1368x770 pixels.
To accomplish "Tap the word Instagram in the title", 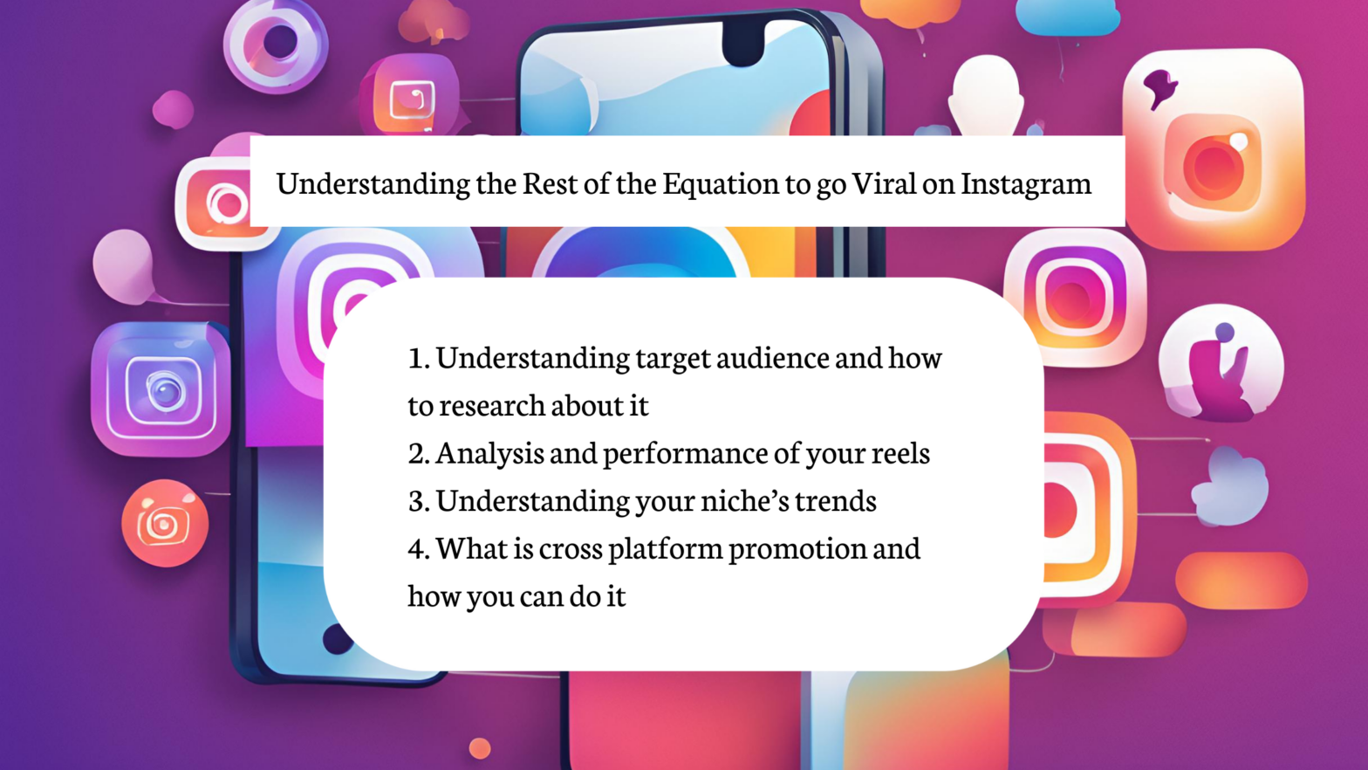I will tap(1026, 183).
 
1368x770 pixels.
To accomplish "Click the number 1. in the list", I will tap(419, 358).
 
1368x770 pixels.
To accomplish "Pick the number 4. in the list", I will tap(419, 548).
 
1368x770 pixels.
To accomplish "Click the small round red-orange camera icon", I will tap(165, 523).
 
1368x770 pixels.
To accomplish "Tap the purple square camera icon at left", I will tap(161, 389).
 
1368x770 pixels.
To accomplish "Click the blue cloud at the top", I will tap(1068, 17).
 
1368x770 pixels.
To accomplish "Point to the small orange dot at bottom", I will tap(480, 748).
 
